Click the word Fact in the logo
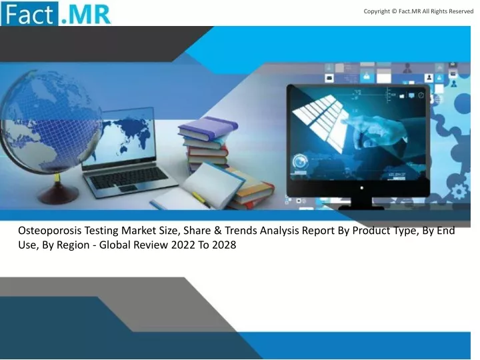point(29,14)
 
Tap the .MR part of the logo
point(85,15)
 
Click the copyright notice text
point(418,11)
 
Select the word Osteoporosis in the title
point(49,231)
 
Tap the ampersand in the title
point(217,231)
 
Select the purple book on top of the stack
point(207,128)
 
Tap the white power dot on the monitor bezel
point(362,187)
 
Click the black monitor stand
point(361,203)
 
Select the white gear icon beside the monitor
point(459,192)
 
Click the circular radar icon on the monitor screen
point(301,161)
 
